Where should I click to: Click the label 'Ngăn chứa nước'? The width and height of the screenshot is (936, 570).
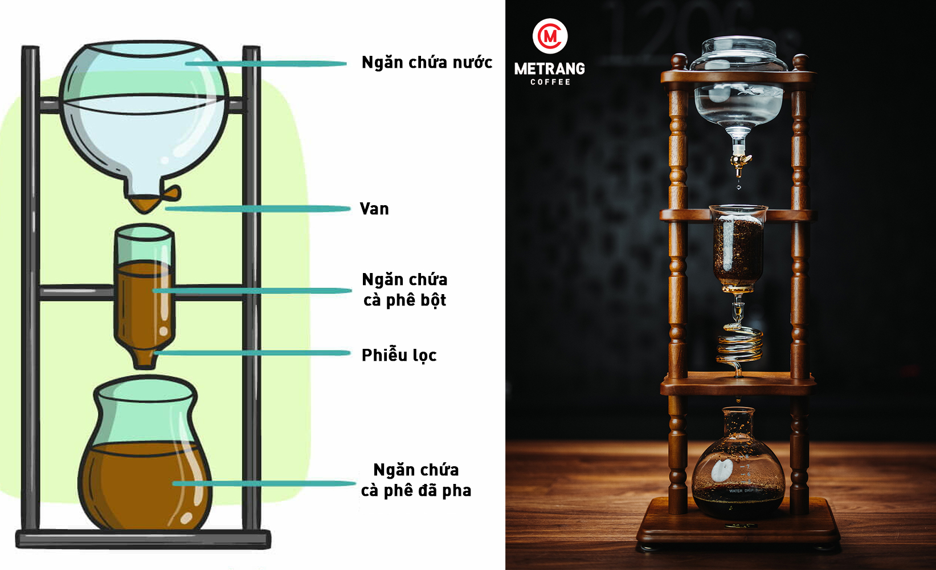point(427,63)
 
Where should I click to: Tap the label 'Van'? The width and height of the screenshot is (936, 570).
point(374,209)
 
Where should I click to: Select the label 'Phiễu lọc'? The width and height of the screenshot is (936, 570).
point(399,356)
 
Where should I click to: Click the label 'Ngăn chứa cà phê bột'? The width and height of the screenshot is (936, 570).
point(405,290)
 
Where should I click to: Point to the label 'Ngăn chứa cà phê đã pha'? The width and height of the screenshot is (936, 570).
point(416,480)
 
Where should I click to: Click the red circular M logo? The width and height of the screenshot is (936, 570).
point(550,36)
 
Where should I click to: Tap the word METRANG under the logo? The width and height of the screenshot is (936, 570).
point(550,69)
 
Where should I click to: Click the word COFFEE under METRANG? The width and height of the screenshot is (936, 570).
point(550,82)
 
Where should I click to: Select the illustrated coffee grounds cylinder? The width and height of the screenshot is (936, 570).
point(144,291)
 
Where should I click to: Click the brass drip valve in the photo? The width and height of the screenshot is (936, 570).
point(739,162)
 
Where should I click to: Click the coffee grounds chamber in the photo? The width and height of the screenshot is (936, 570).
point(738,248)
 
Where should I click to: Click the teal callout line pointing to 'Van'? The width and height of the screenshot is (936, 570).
point(256,209)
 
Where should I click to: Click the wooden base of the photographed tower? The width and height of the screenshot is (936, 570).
point(738,530)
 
